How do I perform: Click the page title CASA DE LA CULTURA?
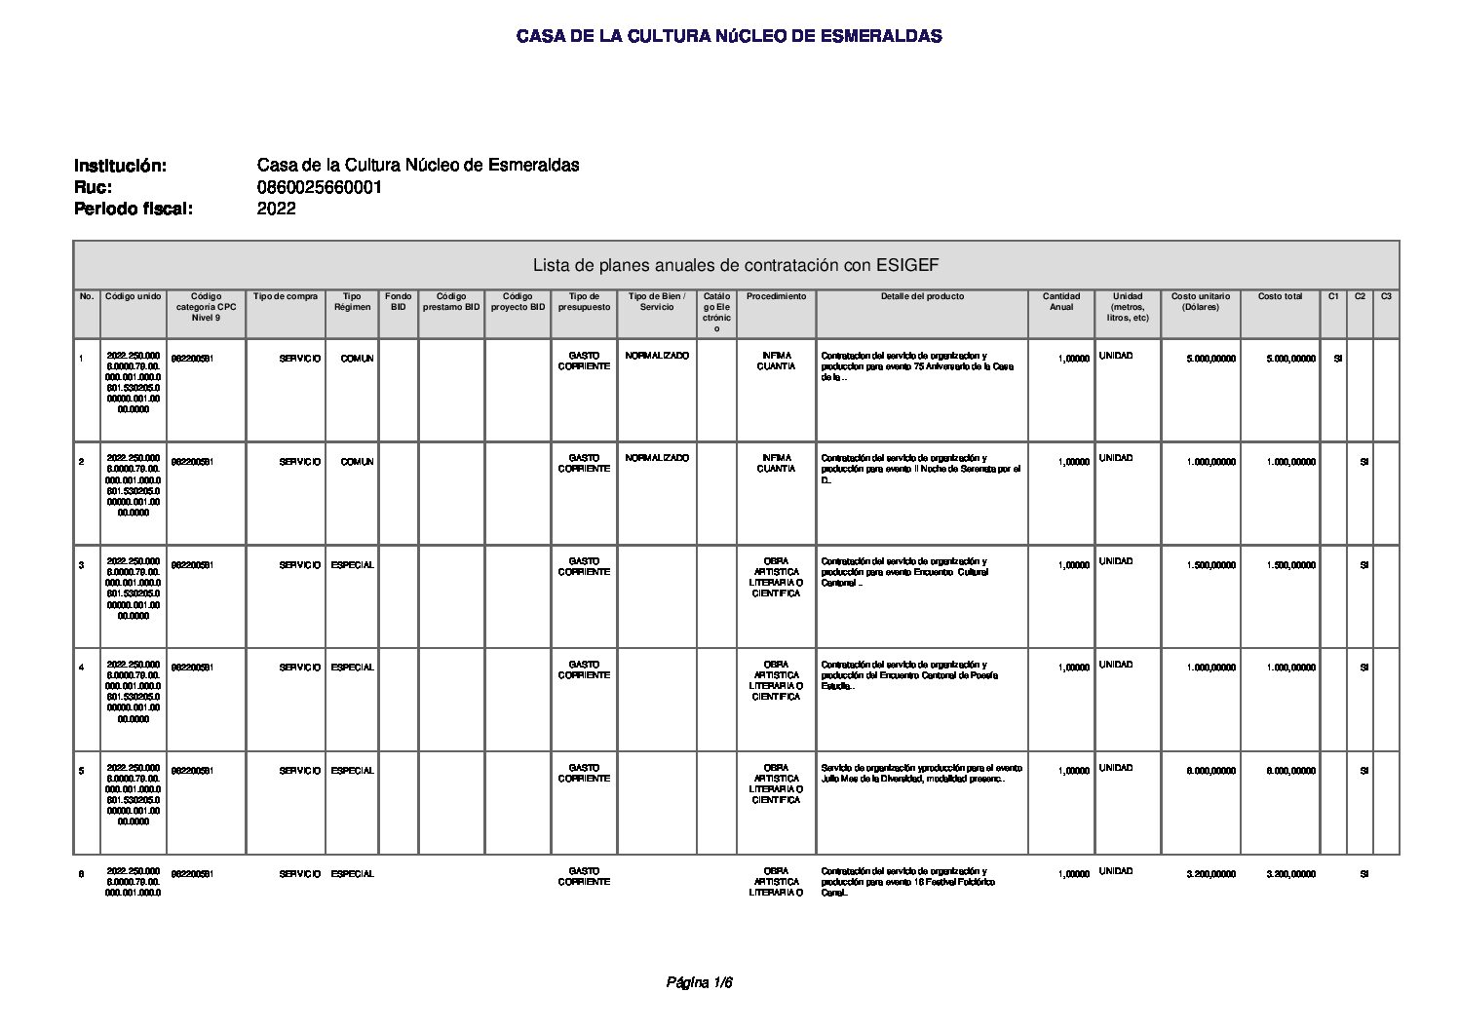[728, 37]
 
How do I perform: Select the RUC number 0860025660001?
[319, 187]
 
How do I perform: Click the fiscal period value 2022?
[276, 209]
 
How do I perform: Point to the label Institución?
[120, 166]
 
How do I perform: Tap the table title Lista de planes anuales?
[735, 265]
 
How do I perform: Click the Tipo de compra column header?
[285, 297]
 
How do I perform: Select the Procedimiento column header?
[776, 297]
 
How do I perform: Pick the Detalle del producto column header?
[922, 297]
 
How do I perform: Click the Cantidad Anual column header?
[1060, 302]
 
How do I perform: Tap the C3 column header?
[1385, 297]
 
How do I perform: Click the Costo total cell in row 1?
[1290, 359]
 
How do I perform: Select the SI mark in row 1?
[1337, 359]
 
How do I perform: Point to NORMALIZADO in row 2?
[656, 458]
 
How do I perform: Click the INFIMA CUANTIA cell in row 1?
[776, 362]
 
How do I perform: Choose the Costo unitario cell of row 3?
[1210, 565]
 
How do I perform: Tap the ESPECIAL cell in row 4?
[352, 668]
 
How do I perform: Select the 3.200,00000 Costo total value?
[1290, 875]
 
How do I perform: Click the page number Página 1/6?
[699, 983]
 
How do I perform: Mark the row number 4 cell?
[82, 668]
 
